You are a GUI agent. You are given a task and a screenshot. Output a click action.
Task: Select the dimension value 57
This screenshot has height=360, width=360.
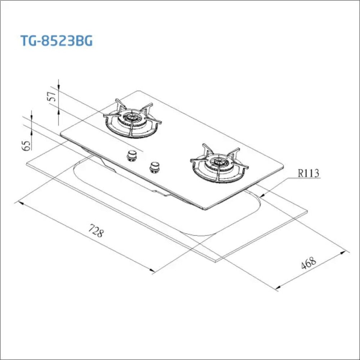(53, 97)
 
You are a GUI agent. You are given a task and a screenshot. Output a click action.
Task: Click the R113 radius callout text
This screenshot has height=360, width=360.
(309, 174)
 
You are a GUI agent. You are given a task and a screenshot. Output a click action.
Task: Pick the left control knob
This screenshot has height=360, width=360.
(132, 155)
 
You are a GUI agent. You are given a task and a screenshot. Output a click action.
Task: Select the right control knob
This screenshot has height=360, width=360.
(155, 167)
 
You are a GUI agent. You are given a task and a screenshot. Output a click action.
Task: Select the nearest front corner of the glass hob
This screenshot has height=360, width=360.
(205, 209)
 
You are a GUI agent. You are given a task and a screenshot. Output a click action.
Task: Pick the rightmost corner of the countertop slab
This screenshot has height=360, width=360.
(307, 212)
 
